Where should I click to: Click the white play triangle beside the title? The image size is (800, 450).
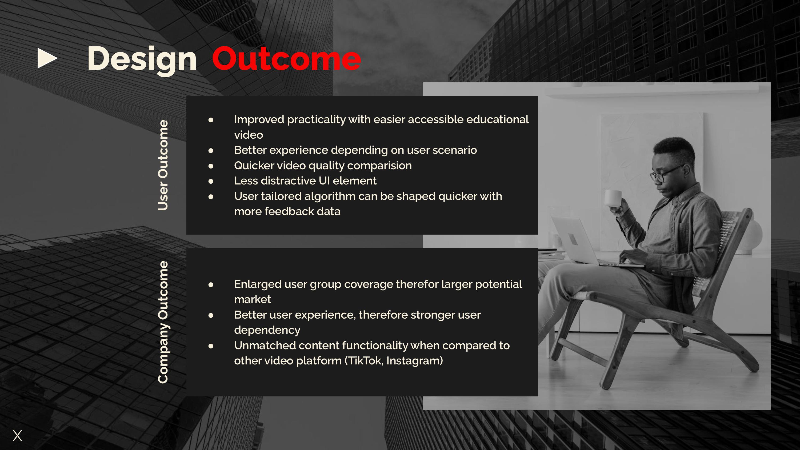(x=47, y=58)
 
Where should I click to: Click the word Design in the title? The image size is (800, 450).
(x=142, y=60)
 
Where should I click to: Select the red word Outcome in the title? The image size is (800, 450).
(x=286, y=59)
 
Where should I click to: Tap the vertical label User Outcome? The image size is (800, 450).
(x=163, y=165)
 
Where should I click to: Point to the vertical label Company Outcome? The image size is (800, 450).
(x=163, y=322)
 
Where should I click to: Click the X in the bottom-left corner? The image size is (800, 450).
(x=17, y=435)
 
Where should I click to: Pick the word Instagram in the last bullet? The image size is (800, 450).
(x=413, y=361)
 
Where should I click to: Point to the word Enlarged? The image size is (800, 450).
(x=258, y=284)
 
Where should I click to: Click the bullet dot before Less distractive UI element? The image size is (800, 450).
(x=211, y=181)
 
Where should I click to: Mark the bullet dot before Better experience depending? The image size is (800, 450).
(x=211, y=151)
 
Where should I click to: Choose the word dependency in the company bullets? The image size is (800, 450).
(x=267, y=330)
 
